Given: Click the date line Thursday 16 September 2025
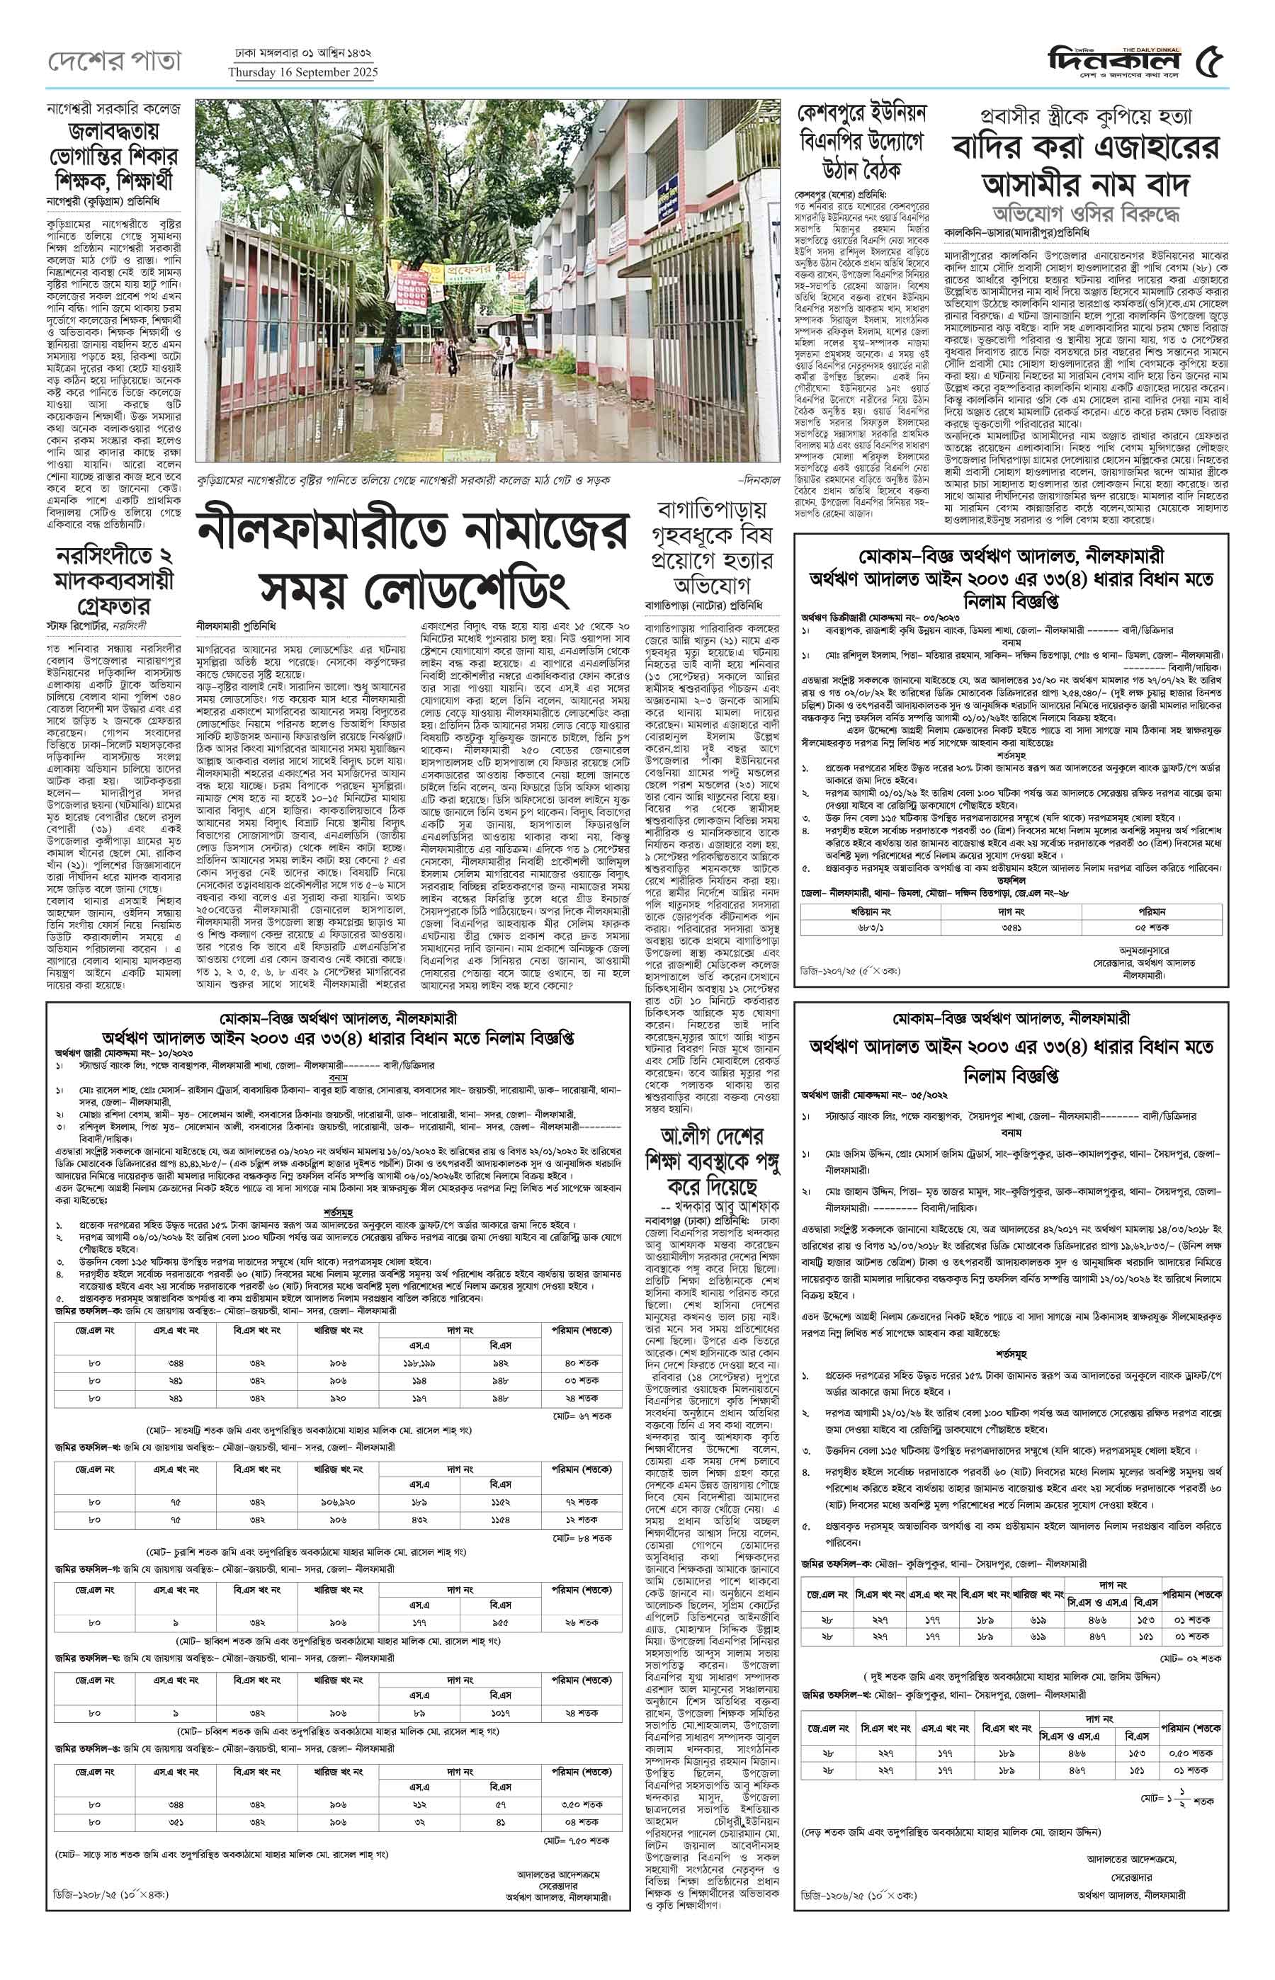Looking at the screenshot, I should click(x=302, y=72).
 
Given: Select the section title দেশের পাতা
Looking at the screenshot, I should click(x=114, y=61).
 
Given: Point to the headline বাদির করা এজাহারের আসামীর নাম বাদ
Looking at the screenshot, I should click(x=1085, y=164).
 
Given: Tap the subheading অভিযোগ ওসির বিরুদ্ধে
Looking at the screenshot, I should click(x=1085, y=212).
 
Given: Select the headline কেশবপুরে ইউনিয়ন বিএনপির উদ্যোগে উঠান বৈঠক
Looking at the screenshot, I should click(x=861, y=142).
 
